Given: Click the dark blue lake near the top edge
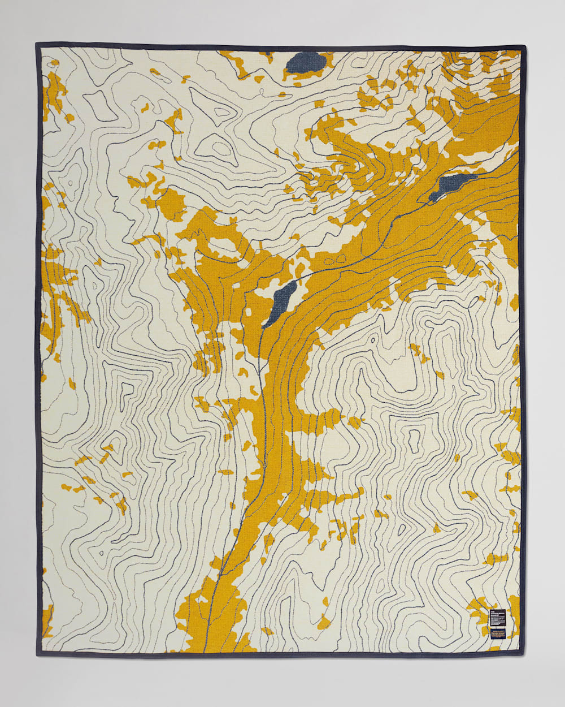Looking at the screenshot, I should [306, 62].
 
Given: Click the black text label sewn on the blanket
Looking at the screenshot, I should [498, 621].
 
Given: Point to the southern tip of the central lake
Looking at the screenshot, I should [264, 326].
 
